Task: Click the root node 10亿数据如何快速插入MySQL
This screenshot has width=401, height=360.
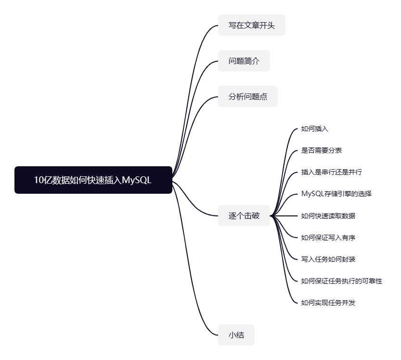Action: (93, 180)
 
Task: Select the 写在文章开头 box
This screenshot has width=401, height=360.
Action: (251, 25)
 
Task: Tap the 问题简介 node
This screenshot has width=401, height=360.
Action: (244, 61)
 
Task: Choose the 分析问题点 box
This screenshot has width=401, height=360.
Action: (247, 96)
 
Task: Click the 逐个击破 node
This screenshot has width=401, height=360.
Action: (244, 215)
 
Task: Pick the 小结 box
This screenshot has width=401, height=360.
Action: (236, 334)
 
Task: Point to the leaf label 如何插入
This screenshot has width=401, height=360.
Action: (314, 129)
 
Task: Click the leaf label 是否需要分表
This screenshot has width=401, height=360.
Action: (321, 150)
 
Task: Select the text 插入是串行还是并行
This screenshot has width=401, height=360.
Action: (331, 172)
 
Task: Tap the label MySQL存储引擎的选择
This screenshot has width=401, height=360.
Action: (336, 194)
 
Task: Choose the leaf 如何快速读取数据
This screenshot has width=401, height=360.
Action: (328, 215)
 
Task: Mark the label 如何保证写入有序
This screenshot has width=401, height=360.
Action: (328, 237)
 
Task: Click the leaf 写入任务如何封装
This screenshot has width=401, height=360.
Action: (328, 259)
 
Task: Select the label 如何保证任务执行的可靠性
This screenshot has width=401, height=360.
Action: (341, 280)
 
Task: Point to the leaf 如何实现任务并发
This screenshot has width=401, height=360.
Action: (328, 302)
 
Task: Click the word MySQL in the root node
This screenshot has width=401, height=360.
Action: (137, 180)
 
